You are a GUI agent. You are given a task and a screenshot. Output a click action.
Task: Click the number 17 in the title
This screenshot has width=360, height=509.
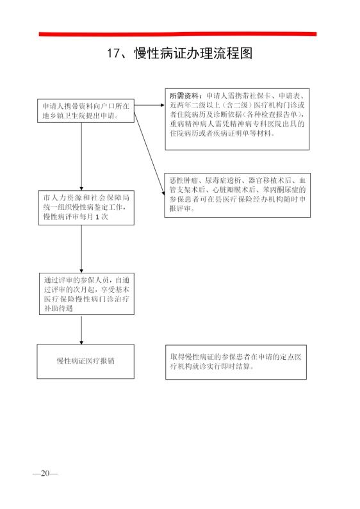114,53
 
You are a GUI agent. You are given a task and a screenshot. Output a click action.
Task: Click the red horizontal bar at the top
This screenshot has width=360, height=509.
177,34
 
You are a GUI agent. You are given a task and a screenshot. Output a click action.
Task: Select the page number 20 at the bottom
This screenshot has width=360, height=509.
45,473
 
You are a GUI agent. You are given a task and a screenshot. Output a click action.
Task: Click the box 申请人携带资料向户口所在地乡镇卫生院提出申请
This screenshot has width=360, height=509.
86,111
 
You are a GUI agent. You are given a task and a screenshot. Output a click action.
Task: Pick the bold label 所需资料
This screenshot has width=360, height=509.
184,96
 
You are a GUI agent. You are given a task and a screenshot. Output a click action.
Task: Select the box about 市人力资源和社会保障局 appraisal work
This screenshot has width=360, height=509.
86,207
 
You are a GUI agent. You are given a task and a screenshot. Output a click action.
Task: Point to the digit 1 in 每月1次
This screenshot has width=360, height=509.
97,217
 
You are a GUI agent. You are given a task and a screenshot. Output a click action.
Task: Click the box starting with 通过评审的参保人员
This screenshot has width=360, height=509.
86,294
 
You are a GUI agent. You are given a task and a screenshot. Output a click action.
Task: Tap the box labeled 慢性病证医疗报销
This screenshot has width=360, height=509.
85,361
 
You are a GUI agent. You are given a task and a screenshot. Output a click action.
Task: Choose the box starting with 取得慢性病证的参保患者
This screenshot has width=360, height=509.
236,362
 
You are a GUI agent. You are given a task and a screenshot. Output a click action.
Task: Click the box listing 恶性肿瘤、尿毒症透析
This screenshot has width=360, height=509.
237,195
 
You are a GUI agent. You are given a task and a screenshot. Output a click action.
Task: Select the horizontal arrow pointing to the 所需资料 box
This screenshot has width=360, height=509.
149,105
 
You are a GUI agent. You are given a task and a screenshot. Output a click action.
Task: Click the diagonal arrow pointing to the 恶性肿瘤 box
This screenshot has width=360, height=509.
149,154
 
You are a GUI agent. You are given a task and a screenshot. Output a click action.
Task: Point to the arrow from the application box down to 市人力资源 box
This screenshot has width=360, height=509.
81,156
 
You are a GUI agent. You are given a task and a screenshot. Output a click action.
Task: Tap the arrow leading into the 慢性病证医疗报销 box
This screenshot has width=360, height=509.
81,330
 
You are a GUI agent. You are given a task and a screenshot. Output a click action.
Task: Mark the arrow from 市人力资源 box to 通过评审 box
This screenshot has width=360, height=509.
81,249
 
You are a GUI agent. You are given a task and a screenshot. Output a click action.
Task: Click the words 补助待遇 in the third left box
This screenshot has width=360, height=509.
58,308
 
